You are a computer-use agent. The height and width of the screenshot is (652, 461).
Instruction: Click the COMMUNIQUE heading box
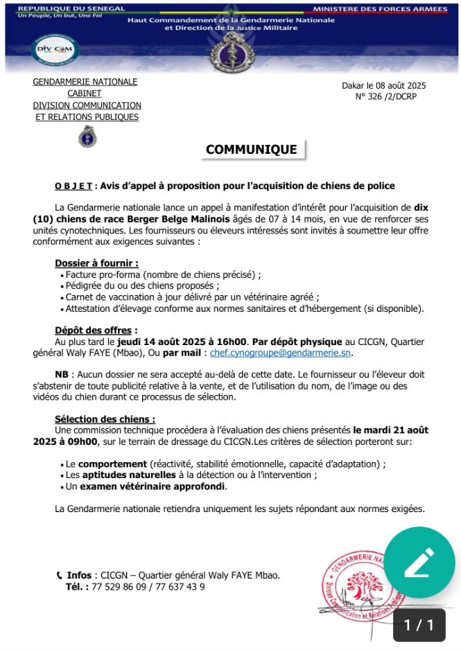tap(251, 150)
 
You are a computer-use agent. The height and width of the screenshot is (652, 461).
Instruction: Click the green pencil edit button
tap(419, 563)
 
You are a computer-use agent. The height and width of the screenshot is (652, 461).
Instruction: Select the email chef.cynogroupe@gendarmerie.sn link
tap(281, 353)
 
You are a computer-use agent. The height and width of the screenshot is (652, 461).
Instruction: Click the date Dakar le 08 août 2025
tap(384, 86)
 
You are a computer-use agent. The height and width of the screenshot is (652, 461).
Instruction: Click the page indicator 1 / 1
tap(419, 625)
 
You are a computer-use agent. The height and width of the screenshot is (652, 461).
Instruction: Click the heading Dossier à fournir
tap(96, 263)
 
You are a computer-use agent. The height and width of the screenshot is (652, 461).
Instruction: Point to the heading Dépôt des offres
tap(96, 330)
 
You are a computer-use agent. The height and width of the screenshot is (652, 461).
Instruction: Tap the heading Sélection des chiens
tap(105, 419)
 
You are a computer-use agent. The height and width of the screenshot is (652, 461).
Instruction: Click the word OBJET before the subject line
tap(73, 186)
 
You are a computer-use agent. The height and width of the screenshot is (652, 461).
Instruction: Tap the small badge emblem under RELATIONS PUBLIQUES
tap(87, 136)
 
